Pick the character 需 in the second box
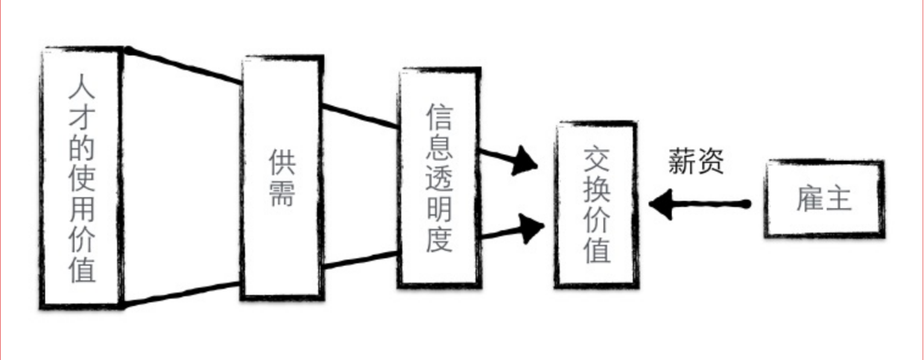tap(281, 195)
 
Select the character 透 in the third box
tap(439, 177)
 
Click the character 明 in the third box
tap(439, 207)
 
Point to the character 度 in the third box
tap(439, 238)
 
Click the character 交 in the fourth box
tap(596, 158)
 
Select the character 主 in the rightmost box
tap(838, 198)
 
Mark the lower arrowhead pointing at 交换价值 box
tap(532, 228)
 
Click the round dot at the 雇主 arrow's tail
tap(746, 203)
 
